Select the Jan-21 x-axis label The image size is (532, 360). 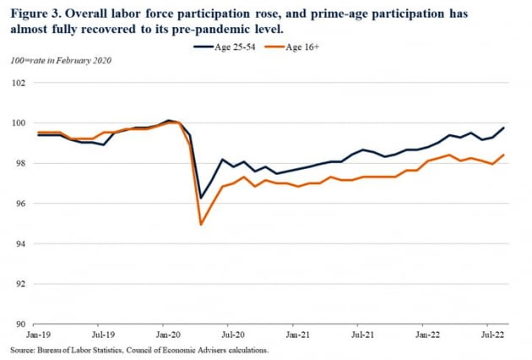click(x=295, y=335)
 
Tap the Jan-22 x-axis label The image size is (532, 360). click(x=425, y=335)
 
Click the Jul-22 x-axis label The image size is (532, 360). click(x=489, y=335)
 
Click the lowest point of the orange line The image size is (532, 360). click(x=201, y=224)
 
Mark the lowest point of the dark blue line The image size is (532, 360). click(x=201, y=198)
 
